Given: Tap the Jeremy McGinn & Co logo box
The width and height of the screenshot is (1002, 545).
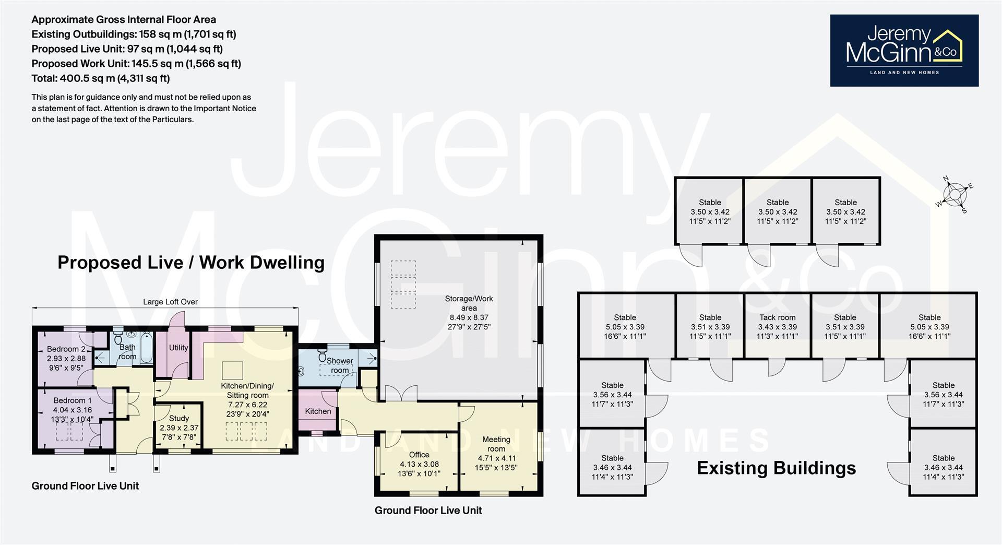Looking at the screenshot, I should (904, 50).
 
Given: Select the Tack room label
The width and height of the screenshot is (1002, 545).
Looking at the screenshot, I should (777, 317).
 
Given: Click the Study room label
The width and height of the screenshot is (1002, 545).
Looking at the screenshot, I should (179, 418).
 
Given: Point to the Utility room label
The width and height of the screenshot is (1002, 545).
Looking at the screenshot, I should (178, 348).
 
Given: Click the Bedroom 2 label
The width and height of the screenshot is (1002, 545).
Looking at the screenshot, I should (66, 349).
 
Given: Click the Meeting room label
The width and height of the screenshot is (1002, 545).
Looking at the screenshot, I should (496, 444).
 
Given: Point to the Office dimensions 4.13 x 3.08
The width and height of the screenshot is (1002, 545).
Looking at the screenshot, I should (419, 464).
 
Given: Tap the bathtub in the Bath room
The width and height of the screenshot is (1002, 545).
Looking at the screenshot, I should (147, 347).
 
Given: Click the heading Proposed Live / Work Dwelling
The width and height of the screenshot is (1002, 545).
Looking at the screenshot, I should (190, 262).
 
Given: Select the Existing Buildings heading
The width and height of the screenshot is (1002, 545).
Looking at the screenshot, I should (776, 468).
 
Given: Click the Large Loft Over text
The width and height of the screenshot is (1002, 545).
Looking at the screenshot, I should (170, 302).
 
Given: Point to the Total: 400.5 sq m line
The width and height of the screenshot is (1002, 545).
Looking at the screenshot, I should (101, 78).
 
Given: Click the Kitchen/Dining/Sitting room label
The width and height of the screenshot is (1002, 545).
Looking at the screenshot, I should (247, 390).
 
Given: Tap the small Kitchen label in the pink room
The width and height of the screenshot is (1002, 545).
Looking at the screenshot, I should (318, 411).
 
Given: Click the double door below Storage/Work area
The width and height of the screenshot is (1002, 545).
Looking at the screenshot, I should (401, 393).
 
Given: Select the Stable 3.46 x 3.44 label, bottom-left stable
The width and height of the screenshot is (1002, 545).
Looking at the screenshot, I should (612, 463).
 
